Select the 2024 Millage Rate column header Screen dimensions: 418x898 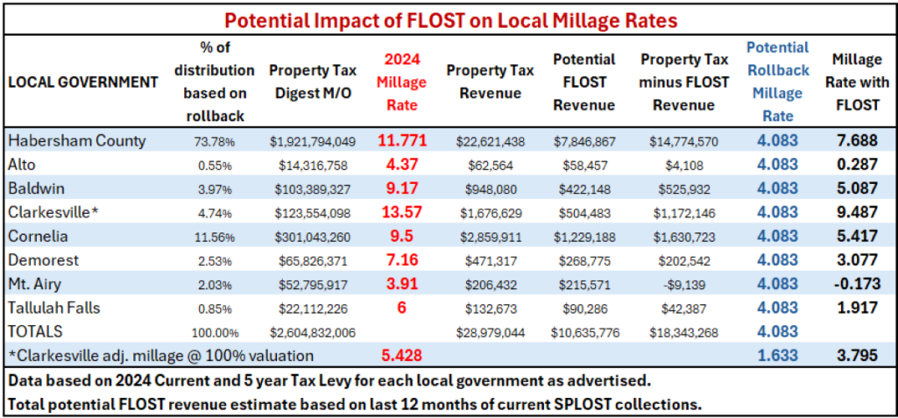406,81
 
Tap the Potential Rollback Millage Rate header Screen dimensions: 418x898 778,81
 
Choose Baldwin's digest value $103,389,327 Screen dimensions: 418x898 312,188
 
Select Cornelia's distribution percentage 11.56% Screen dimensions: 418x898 213,237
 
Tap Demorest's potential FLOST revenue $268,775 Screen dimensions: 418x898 583,260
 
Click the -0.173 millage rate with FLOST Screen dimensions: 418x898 858,284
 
